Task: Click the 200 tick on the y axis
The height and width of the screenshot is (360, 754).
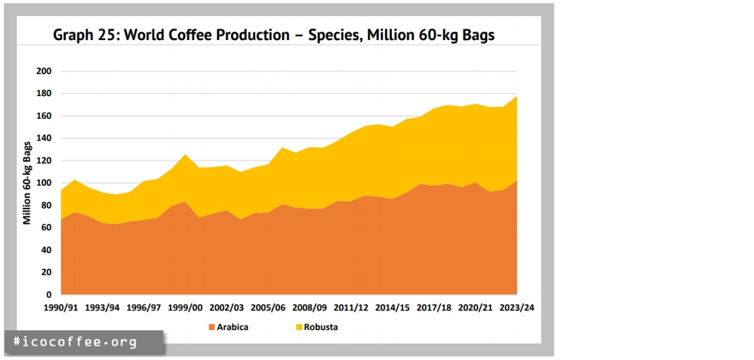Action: pyautogui.click(x=45, y=71)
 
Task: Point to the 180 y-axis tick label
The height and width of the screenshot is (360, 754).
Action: pyautogui.click(x=45, y=94)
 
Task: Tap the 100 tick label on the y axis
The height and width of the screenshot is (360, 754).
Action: pyautogui.click(x=45, y=183)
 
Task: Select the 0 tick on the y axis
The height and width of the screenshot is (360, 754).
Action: pyautogui.click(x=49, y=294)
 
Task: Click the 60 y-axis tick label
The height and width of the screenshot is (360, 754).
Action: pyautogui.click(x=46, y=227)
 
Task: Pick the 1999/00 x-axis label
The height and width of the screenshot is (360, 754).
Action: pyautogui.click(x=186, y=307)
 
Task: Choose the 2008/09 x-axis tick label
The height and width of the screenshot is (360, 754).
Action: pyautogui.click(x=311, y=307)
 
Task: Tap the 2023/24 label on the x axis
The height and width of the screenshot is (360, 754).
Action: pyautogui.click(x=518, y=307)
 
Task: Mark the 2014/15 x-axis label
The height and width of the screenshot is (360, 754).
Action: pyautogui.click(x=393, y=307)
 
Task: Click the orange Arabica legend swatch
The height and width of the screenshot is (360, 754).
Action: pyautogui.click(x=211, y=327)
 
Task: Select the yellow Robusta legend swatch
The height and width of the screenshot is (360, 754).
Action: pyautogui.click(x=299, y=327)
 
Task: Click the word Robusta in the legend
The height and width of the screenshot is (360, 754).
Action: pyautogui.click(x=321, y=327)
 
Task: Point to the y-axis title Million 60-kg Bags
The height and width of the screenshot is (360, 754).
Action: pyautogui.click(x=27, y=183)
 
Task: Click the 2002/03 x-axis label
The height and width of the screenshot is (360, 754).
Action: pyautogui.click(x=227, y=307)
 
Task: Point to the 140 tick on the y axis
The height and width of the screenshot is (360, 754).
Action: pyautogui.click(x=45, y=138)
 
